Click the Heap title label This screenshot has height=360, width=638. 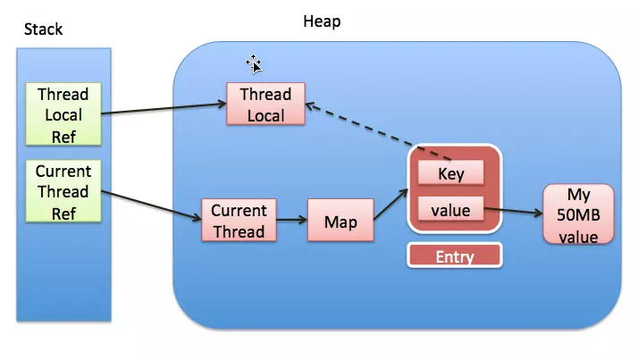[x=323, y=20]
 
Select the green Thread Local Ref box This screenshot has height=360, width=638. [x=63, y=113]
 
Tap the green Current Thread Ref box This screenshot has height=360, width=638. [x=63, y=191]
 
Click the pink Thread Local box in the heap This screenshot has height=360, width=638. [x=265, y=105]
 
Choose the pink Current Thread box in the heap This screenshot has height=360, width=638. [x=239, y=221]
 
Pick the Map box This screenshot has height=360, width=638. [x=340, y=221]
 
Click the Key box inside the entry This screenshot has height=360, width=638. [x=450, y=173]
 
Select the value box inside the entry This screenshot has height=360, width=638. [x=450, y=211]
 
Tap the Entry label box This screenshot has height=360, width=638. [x=454, y=256]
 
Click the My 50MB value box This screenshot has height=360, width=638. [x=579, y=214]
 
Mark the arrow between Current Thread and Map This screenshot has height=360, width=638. [x=291, y=220]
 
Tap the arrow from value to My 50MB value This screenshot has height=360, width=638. [x=513, y=213]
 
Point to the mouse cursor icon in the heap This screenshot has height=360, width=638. [x=255, y=63]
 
